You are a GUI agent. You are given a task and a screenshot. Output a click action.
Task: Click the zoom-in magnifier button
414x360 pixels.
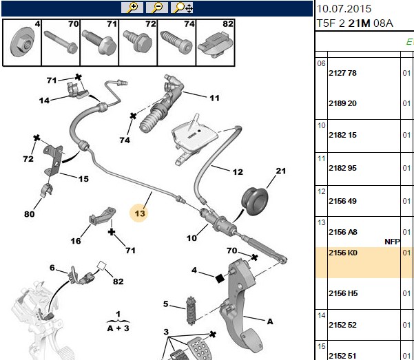132,8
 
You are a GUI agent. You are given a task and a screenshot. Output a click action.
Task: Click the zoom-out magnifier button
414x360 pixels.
157,8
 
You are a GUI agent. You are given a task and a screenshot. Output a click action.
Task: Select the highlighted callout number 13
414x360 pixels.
139,213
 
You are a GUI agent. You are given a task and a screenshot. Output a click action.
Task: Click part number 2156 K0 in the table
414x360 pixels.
343,253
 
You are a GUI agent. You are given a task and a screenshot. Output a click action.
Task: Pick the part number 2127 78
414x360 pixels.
342,73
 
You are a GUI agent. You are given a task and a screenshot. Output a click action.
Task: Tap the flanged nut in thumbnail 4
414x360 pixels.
22,43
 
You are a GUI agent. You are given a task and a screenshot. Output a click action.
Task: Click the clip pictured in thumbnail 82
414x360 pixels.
215,45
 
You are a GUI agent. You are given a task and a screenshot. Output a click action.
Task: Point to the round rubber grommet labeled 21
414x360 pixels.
254,202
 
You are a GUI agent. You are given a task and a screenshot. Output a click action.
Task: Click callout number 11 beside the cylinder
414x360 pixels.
214,98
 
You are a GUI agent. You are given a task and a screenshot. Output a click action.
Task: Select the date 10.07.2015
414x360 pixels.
344,9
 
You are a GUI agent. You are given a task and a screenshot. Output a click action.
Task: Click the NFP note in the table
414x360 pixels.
392,242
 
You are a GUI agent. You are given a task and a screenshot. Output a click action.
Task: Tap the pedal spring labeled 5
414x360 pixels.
191,311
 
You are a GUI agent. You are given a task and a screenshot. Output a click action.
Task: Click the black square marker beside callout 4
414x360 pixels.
220,278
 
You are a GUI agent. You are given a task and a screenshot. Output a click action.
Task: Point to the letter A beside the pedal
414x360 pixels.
270,321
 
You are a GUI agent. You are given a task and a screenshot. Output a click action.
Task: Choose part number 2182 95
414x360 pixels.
342,168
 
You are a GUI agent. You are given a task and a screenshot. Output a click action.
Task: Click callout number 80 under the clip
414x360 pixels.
30,214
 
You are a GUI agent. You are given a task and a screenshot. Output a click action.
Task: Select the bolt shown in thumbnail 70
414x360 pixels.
61,42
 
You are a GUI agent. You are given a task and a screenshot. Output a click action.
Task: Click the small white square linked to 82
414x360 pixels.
102,265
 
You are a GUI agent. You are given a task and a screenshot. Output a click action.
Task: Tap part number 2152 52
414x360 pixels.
342,325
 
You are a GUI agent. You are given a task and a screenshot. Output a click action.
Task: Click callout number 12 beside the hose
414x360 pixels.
238,172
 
